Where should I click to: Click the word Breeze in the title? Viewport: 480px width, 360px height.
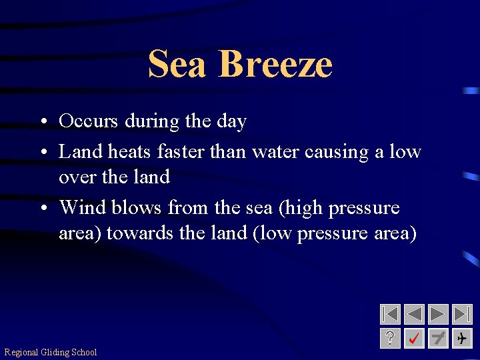click(x=275, y=64)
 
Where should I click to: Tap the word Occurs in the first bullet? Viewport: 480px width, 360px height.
click(x=87, y=121)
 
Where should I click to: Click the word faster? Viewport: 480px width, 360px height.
click(x=181, y=152)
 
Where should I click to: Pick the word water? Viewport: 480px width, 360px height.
click(x=275, y=153)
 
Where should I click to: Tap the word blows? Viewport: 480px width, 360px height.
click(x=137, y=207)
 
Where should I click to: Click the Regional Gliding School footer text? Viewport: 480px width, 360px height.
click(x=51, y=352)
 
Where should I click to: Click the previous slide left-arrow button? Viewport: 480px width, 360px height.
click(x=414, y=314)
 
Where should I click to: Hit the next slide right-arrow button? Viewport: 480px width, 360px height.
click(x=438, y=314)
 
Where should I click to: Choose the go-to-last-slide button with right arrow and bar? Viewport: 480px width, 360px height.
click(x=461, y=314)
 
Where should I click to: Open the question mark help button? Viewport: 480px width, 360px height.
click(x=390, y=338)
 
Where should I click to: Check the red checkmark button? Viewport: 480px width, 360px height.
click(x=414, y=338)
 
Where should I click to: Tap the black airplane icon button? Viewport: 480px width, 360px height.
click(x=461, y=338)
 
